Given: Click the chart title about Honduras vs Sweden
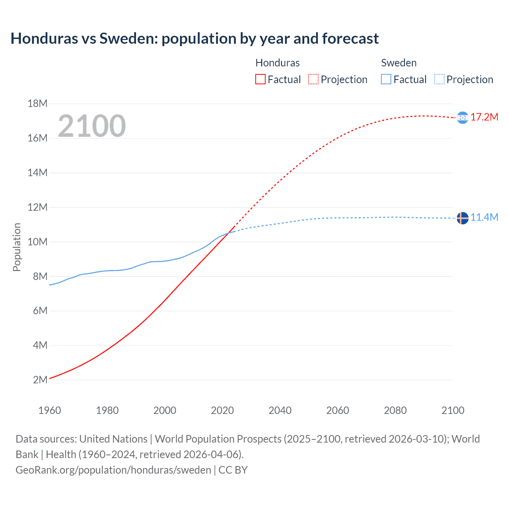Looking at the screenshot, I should pos(194,39).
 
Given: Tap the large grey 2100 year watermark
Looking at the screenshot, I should pos(92,126).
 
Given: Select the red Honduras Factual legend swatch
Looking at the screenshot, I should pos(260,80).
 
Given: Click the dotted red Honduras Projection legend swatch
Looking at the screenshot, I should pos(313,80).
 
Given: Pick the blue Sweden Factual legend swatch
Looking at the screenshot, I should pos(386,80).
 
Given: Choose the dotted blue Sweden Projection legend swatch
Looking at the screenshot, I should pos(439,80).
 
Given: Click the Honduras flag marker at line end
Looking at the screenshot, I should pos(462,117).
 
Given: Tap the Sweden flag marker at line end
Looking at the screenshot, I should pos(462,218).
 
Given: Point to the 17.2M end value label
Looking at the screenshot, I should pos(484,117).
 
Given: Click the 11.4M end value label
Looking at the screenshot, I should pos(484,218).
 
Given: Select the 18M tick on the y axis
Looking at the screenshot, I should pos(37,104).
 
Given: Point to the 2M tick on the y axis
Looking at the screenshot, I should pos(40,380).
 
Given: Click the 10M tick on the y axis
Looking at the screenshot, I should pos(37,242).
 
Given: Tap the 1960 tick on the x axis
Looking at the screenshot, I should pos(50,410).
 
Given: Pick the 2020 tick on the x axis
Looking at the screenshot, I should pos(222,410).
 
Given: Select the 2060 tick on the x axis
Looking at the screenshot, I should pos(338,410).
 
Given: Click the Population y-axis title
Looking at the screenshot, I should pos(17,247).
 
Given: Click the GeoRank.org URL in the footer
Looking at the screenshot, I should pos(113,470).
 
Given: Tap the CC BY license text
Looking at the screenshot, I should pos(233,470).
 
